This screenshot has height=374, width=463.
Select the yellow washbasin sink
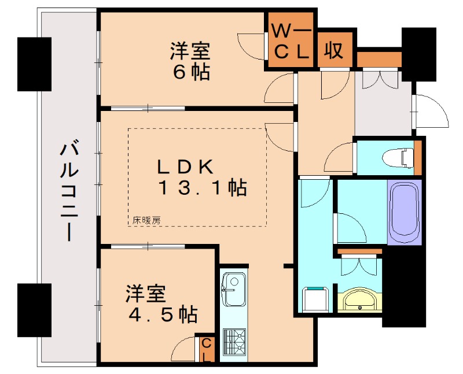tap(359, 301)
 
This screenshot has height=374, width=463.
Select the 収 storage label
tap(334, 51)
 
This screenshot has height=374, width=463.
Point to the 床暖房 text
tap(146, 220)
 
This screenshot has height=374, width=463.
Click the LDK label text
tap(186, 166)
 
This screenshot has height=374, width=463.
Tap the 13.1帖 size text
tap(203, 188)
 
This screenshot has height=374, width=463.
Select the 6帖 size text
tap(190, 73)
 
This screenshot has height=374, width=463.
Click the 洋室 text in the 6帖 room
tap(190, 51)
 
